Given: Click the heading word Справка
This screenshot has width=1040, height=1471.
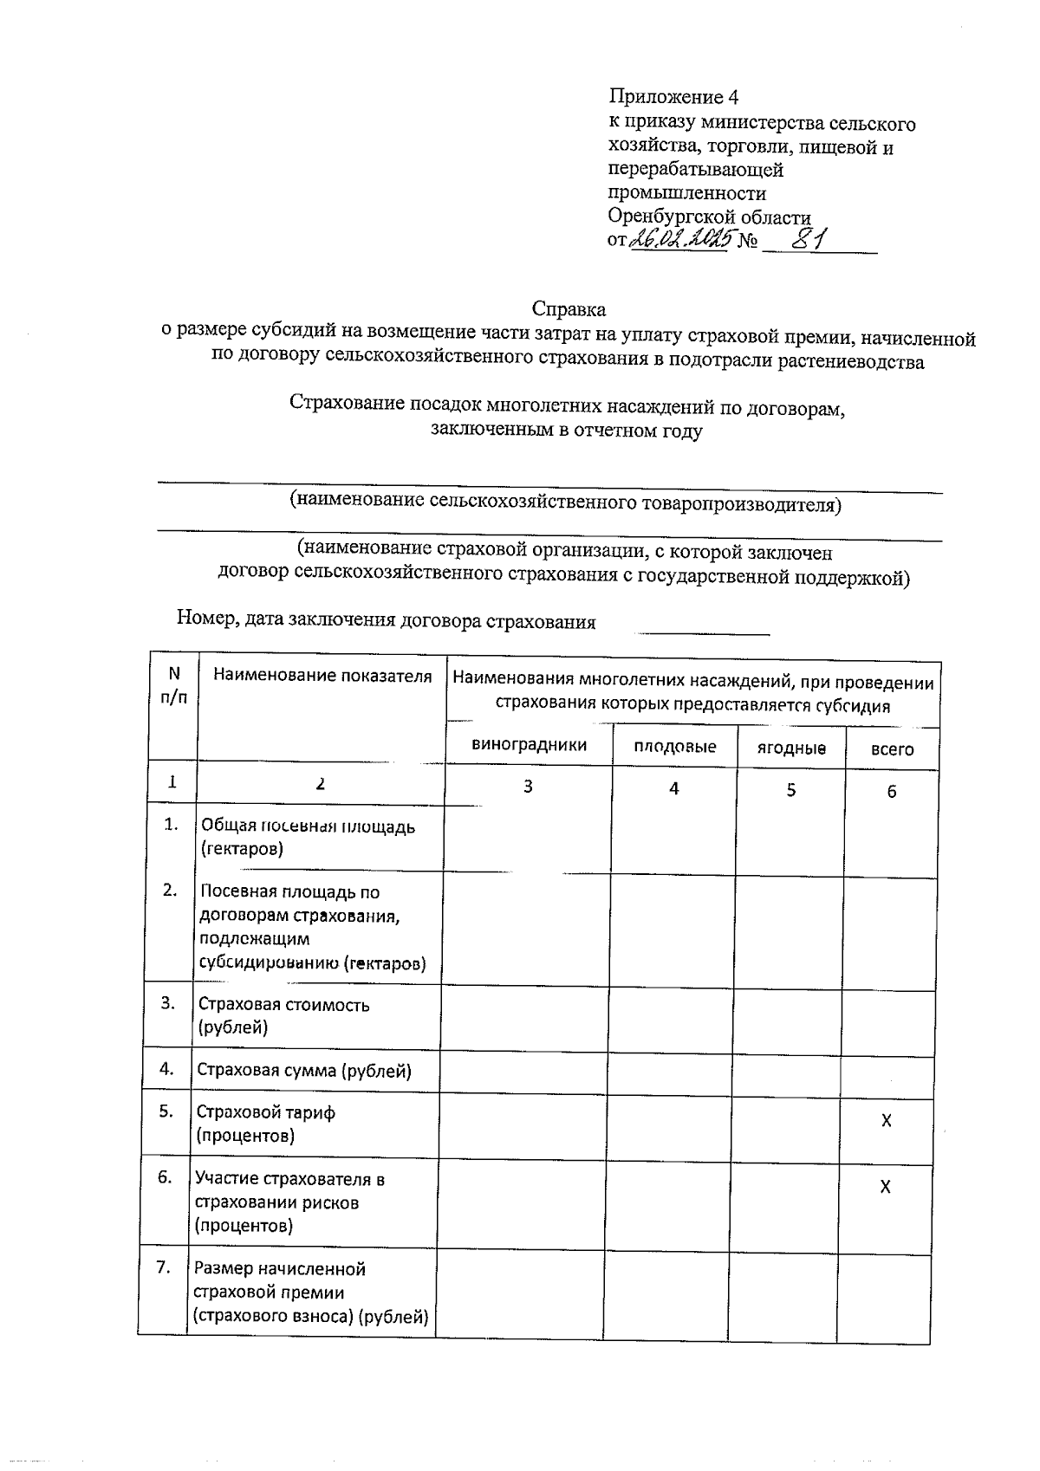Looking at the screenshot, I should [569, 309].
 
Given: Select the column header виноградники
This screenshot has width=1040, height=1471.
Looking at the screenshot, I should [529, 744].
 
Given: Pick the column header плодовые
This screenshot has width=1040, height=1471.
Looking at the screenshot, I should [674, 747].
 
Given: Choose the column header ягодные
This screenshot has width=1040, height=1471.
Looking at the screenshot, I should [790, 748].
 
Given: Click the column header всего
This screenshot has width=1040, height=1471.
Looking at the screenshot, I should [892, 749].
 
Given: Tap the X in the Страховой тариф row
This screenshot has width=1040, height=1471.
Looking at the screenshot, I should [886, 1121].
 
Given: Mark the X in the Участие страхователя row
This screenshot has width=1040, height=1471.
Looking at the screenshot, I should [885, 1188].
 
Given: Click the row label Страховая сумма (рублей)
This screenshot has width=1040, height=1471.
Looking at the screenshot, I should [304, 1071].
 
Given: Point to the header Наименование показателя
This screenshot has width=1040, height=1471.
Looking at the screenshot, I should [322, 676].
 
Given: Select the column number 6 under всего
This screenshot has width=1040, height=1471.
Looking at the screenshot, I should [891, 791].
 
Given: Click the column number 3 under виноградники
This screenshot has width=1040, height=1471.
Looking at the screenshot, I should [528, 787].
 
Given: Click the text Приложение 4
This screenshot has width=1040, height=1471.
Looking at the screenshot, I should [673, 96].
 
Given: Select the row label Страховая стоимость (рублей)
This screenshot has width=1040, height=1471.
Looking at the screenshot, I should [283, 1016].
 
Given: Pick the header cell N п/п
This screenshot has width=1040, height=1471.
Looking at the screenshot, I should [174, 685].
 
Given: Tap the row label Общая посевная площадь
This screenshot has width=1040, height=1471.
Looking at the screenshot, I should [308, 837].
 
